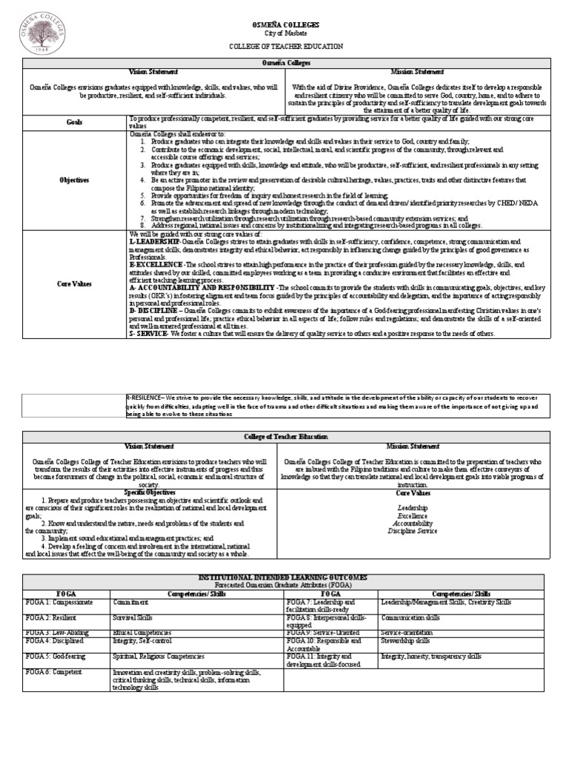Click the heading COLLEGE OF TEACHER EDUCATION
[285, 46]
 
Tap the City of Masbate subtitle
[285, 34]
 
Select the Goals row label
[74, 122]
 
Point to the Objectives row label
[74, 179]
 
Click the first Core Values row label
[74, 284]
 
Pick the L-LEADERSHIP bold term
[155, 241]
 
